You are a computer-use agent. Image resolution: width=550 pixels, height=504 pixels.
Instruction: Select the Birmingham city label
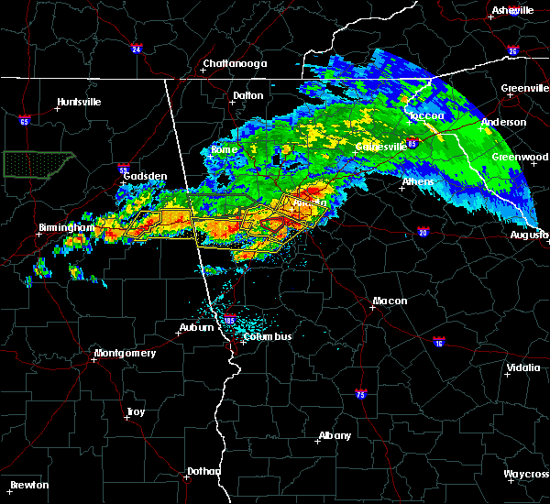(x=66, y=227)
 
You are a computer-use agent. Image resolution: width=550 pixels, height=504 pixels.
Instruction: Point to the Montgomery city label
(x=126, y=353)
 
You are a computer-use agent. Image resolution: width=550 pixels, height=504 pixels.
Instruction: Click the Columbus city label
(x=268, y=336)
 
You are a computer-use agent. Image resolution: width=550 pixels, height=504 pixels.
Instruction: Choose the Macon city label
(x=390, y=301)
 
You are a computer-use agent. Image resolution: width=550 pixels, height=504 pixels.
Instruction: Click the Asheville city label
(x=512, y=10)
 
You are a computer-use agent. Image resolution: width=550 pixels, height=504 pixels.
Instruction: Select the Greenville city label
(x=525, y=89)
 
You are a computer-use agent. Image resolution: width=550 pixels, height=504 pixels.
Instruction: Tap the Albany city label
(x=334, y=434)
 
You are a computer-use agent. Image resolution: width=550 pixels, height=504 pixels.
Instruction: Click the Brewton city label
(x=30, y=485)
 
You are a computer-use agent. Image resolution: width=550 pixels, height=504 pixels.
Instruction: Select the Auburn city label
(x=195, y=328)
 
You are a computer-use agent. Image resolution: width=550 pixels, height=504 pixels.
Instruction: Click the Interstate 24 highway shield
(x=136, y=49)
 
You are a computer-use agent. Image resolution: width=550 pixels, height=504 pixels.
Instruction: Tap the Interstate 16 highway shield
(x=440, y=342)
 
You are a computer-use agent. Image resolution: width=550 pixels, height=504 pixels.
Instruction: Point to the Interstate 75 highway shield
(x=360, y=394)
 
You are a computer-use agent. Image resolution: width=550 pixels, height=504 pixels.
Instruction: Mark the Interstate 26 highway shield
(x=513, y=50)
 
